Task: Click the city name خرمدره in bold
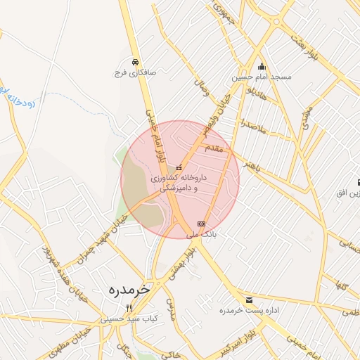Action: click(131, 289)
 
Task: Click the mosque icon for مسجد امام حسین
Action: click(262, 65)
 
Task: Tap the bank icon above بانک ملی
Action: click(202, 224)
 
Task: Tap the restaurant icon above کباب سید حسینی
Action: click(128, 308)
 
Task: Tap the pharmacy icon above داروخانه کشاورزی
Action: click(179, 168)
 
